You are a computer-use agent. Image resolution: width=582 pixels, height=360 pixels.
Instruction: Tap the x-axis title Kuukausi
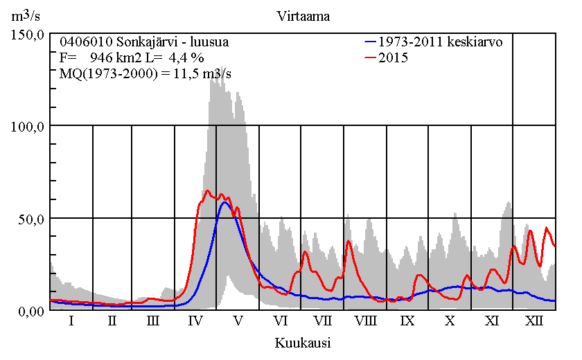(302, 342)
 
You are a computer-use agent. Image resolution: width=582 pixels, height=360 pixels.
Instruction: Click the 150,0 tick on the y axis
(28, 34)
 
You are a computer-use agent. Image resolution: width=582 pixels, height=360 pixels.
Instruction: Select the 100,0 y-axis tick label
(28, 126)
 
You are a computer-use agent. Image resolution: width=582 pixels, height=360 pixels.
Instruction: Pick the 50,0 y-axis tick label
(31, 218)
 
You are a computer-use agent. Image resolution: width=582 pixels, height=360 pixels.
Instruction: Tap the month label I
(71, 322)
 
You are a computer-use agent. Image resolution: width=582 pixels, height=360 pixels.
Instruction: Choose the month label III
(153, 322)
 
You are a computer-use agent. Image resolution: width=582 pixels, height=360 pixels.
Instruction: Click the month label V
(238, 322)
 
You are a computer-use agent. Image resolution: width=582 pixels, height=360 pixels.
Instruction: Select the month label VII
(323, 322)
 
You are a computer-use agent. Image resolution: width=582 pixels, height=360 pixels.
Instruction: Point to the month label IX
(407, 322)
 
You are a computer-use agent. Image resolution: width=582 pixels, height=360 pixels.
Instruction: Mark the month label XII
(534, 322)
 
